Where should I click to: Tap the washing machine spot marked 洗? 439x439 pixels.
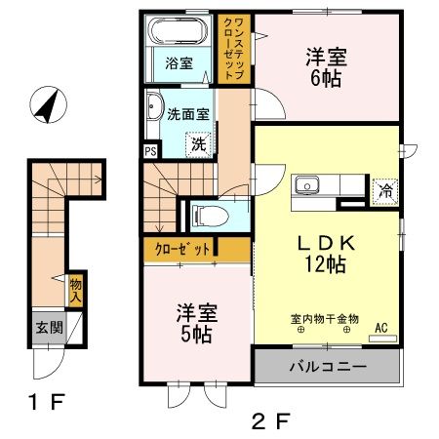(x=198, y=141)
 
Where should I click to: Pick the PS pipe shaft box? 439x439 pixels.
(x=150, y=151)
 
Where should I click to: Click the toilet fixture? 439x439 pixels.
(x=209, y=214)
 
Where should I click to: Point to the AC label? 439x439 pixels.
(x=380, y=328)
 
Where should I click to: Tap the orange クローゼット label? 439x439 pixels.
(x=182, y=250)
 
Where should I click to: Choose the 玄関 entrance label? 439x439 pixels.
(x=50, y=328)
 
